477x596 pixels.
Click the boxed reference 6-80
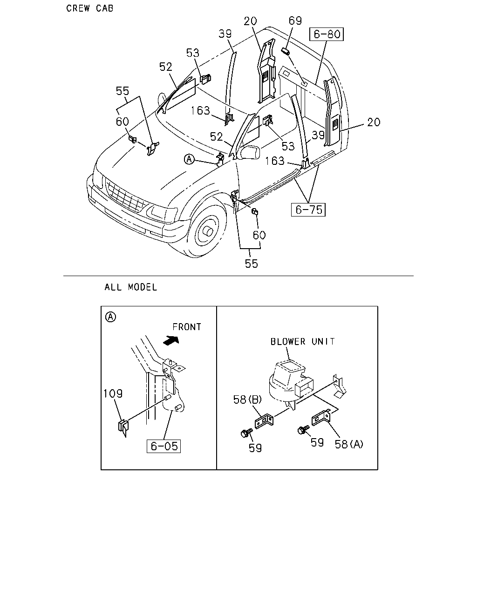coord(326,34)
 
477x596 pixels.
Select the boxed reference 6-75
coord(308,210)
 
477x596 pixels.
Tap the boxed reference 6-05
coord(164,446)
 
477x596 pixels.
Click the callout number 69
coord(295,20)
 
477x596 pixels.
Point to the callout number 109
coord(113,393)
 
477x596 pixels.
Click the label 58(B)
coord(247,400)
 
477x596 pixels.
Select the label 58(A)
coord(349,445)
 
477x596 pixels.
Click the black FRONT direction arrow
coord(171,340)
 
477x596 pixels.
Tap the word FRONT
coord(187,327)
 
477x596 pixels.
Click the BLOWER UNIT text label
coord(303,342)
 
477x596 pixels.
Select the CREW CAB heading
coord(90,8)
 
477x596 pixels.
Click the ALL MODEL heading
coord(131,287)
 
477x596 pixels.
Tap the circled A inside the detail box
coord(110,317)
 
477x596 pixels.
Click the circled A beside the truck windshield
coord(189,160)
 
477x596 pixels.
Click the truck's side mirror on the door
coord(250,152)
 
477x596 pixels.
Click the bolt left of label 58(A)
coord(303,430)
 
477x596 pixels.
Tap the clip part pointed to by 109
coord(123,428)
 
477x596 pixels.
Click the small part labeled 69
coord(286,52)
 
